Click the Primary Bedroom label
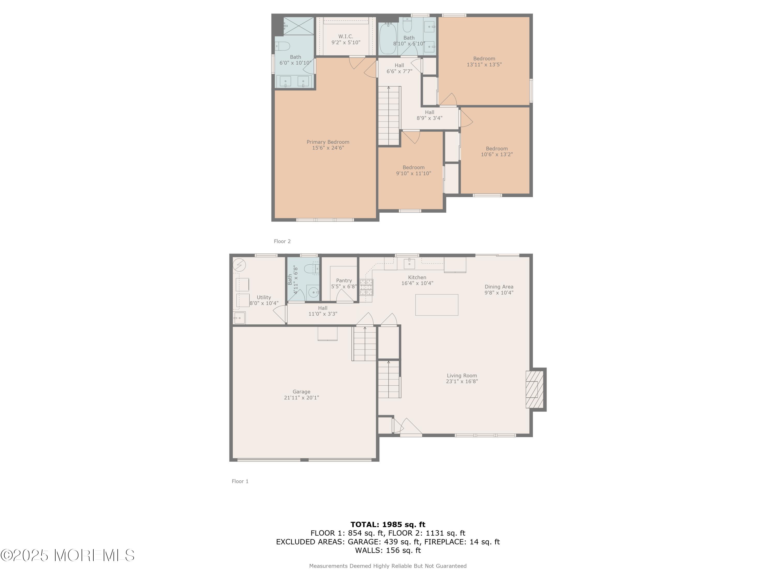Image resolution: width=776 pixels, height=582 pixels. point(328,142)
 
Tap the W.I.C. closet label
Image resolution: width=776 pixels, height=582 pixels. point(346,36)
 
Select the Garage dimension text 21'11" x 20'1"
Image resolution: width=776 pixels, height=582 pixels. point(301,398)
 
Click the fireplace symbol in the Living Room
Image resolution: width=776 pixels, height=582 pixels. point(534,389)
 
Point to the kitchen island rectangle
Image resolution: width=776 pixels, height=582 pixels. point(437,305)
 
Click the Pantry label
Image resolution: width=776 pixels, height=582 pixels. point(344,281)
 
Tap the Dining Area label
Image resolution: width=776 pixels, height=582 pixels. point(499,287)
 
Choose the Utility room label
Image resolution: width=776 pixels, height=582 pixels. point(264,297)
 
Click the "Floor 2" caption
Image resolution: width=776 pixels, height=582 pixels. point(282,241)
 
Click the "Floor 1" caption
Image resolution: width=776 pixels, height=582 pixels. point(240,481)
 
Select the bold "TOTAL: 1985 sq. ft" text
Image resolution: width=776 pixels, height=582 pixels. point(388,525)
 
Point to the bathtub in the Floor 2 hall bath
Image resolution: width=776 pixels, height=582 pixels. point(388,38)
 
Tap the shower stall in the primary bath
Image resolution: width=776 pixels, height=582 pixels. point(299,26)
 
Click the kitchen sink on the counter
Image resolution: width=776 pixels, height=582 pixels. point(409,263)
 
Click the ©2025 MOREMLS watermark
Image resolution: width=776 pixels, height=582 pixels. point(67,555)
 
